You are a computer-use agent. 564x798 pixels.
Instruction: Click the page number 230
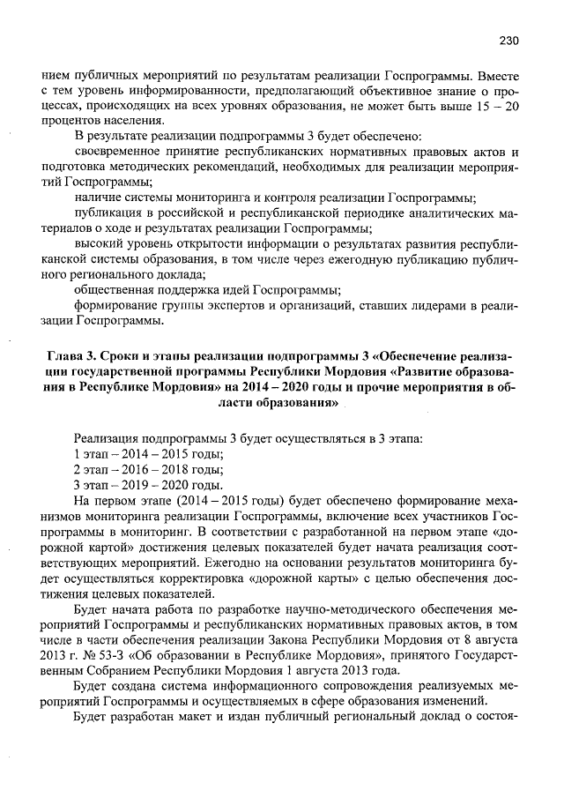508,41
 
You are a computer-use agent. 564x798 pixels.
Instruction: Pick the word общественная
117,290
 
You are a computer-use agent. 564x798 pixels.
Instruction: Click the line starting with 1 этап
148,454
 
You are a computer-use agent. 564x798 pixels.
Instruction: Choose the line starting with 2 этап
148,470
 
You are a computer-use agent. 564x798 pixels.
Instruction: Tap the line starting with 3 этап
148,486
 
